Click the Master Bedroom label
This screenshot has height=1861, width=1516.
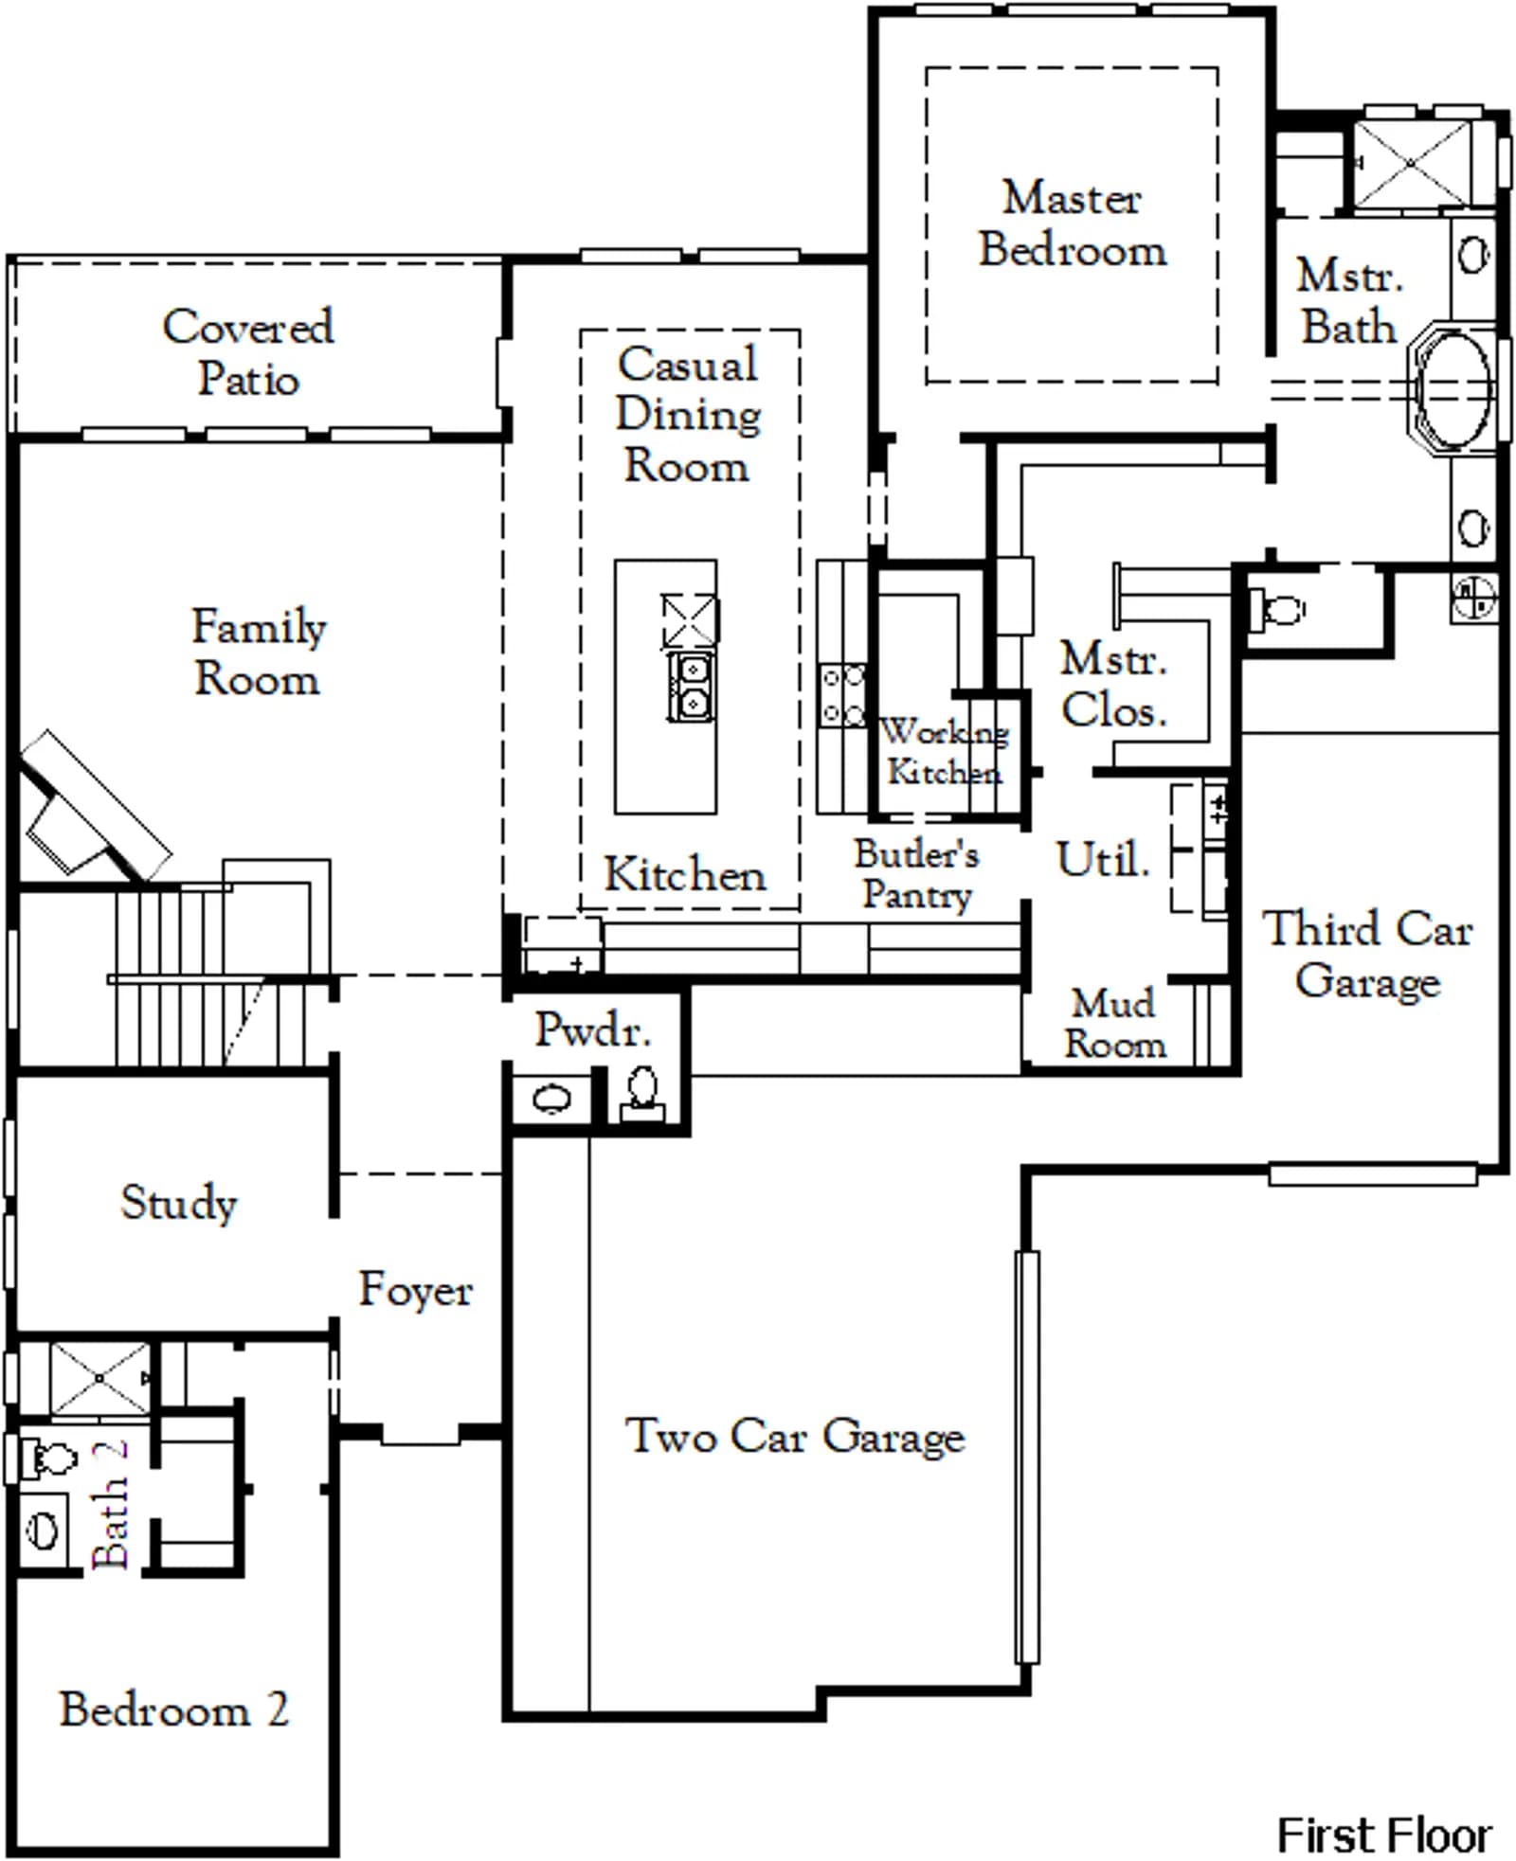[1073, 224]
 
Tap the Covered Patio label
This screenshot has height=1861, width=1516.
[248, 352]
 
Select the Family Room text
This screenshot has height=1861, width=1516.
[259, 652]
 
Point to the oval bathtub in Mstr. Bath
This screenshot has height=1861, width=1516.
[1453, 388]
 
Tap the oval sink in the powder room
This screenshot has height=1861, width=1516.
[551, 1099]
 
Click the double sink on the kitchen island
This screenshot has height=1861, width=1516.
[692, 687]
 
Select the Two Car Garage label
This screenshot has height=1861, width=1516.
[795, 1436]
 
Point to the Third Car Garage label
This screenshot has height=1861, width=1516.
[1368, 954]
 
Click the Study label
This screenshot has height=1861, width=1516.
[179, 1203]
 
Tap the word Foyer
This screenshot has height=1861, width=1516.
[415, 1289]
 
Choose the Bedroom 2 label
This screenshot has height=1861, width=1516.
[174, 1709]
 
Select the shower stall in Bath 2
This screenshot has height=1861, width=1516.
[99, 1380]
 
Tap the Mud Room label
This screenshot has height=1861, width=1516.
[1114, 1024]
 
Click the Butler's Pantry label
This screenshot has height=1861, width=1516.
[916, 873]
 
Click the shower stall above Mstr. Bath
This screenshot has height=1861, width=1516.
[1410, 163]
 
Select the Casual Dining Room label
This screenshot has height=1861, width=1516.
[688, 414]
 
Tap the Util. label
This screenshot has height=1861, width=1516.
[1104, 859]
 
